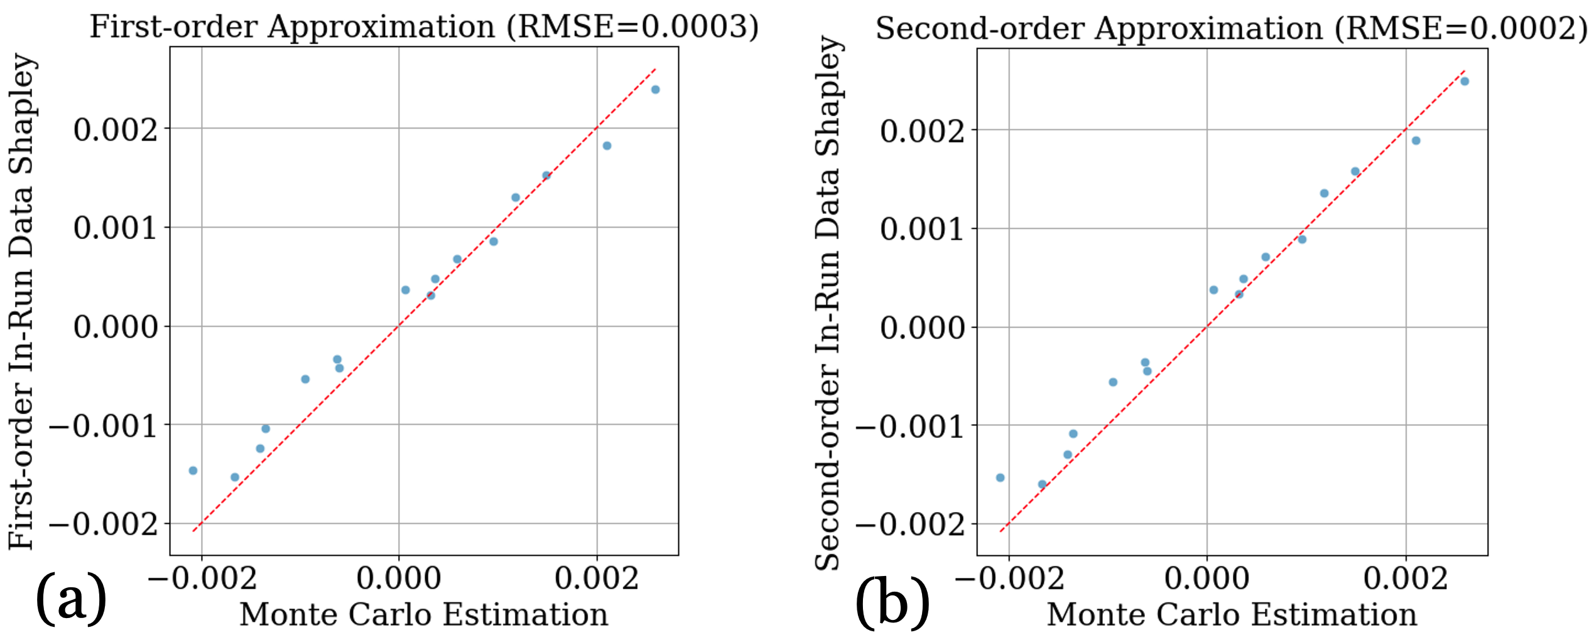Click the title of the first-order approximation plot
coord(424,27)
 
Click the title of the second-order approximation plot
coord(1231,28)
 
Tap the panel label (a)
coord(71,598)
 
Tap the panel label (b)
coord(892,602)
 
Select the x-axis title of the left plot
coord(424,614)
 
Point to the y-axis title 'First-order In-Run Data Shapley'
coord(21,301)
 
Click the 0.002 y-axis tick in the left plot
coord(116,129)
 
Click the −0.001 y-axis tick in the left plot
coord(104,426)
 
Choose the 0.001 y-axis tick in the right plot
coord(922,228)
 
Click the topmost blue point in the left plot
coord(655,90)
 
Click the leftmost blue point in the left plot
coord(193,471)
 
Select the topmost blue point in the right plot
coord(1465,82)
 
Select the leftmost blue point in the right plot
coord(1000,478)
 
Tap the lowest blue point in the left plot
coord(235,477)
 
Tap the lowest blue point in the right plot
coord(1042,484)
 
